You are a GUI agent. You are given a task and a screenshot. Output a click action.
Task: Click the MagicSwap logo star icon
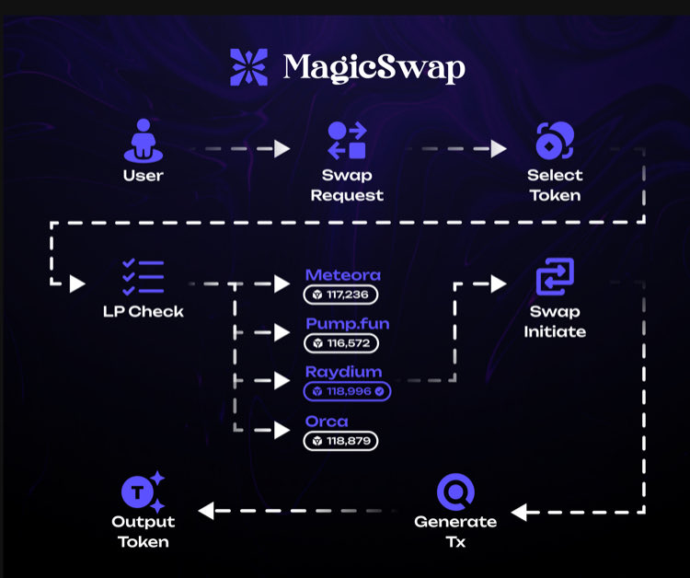(x=248, y=67)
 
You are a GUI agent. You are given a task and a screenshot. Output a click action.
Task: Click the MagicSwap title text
(x=374, y=67)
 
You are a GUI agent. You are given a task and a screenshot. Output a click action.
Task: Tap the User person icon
(x=144, y=143)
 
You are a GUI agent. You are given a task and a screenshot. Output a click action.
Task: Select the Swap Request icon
(x=347, y=141)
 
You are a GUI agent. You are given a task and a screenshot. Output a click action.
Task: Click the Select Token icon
(x=555, y=141)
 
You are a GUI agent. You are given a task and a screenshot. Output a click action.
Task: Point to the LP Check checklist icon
(x=144, y=277)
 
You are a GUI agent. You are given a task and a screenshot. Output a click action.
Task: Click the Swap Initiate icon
(x=555, y=275)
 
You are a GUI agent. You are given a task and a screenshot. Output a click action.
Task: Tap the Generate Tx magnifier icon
(x=455, y=491)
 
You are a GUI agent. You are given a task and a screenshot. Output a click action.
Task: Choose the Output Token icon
(x=144, y=491)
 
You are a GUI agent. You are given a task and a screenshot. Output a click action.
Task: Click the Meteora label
(x=342, y=275)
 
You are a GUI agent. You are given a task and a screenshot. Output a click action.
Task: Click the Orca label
(x=327, y=422)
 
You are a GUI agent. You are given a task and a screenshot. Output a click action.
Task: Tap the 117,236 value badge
(x=341, y=295)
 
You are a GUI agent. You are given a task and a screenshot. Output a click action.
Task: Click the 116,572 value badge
(x=341, y=343)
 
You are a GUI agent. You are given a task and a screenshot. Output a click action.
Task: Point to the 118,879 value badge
(x=341, y=441)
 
